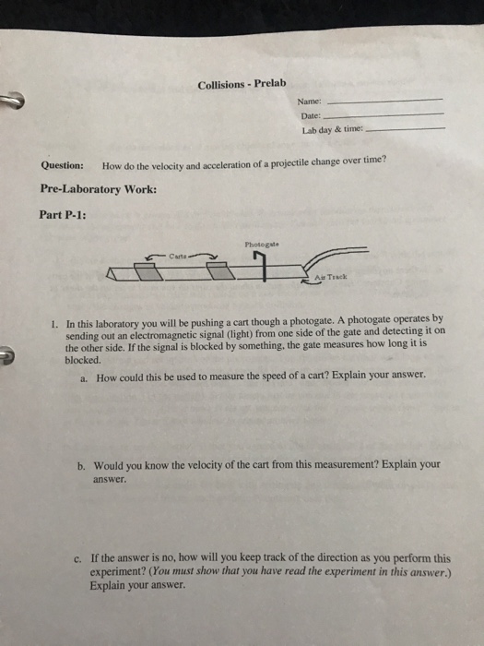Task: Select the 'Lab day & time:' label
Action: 330,130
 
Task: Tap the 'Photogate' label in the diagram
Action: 262,245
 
